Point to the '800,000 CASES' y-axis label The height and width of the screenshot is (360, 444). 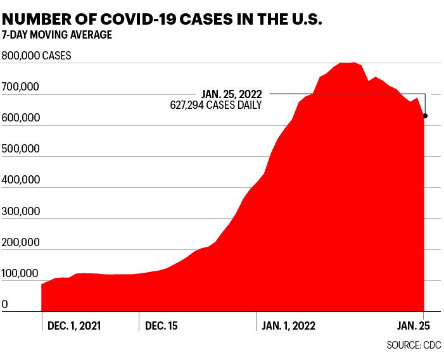(x=37, y=56)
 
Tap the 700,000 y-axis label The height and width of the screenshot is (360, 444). (x=22, y=87)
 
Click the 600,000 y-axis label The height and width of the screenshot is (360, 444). (x=22, y=118)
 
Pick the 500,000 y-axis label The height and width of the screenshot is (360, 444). (x=22, y=149)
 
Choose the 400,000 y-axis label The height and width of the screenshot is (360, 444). (x=22, y=180)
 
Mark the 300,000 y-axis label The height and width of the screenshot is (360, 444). (x=22, y=211)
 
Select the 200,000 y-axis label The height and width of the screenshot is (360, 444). (x=22, y=242)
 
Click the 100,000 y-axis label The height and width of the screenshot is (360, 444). (x=22, y=273)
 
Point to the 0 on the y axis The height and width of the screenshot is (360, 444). (x=5, y=304)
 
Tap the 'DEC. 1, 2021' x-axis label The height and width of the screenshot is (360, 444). (x=74, y=326)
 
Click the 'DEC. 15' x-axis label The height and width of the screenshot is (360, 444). (x=162, y=326)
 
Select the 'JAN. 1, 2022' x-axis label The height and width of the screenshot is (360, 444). (x=288, y=326)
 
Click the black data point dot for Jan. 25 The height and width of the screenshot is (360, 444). (x=425, y=116)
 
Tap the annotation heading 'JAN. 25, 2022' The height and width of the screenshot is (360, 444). (x=231, y=94)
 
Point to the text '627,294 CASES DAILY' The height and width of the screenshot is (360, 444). (x=215, y=105)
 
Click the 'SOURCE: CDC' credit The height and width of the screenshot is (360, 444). (x=414, y=345)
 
